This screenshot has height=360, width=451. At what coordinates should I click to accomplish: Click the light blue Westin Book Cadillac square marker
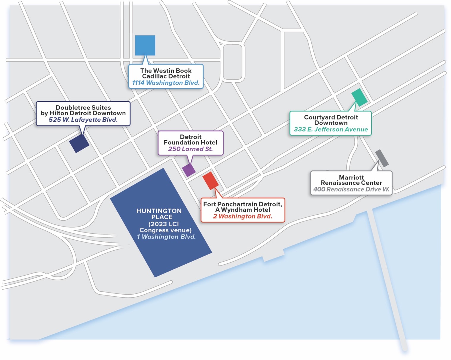145,45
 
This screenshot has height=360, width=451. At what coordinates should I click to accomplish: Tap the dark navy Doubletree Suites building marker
79,143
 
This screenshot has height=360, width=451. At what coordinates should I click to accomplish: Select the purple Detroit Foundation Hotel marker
189,170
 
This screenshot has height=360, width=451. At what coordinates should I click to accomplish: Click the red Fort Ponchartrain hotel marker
210,180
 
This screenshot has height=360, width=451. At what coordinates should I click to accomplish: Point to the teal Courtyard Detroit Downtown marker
359,97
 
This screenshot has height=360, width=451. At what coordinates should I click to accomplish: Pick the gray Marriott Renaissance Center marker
381,158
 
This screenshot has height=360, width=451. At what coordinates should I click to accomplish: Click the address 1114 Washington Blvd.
166,83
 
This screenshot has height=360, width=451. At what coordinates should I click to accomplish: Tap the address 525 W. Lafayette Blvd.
83,120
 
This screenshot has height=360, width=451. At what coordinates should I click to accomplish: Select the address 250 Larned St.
190,149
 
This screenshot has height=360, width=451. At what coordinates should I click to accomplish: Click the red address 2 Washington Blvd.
242,216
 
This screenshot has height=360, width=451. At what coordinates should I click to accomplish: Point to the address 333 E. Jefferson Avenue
331,129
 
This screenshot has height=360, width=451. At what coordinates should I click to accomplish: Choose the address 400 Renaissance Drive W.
351,189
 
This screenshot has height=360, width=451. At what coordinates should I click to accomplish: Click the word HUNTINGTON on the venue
159,211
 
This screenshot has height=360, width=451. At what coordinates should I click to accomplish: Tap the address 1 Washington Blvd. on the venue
166,237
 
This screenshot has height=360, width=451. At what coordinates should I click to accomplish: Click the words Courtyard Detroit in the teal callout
331,117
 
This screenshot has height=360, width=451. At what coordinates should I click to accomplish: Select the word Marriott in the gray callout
351,177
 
